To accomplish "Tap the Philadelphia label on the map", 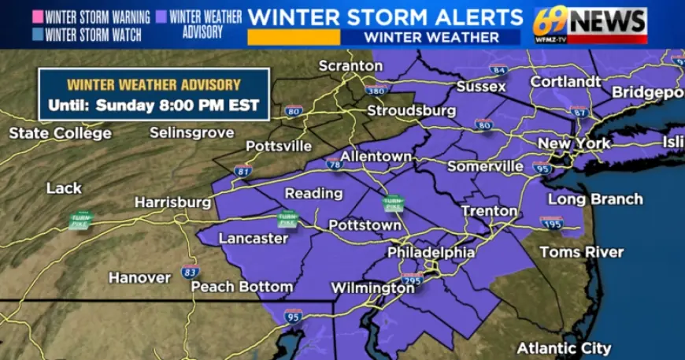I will point(431,253).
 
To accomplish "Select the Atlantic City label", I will point(564,348).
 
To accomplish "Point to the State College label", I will point(60,133).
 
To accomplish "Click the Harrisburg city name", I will point(172,202).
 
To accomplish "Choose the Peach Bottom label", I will point(242,287).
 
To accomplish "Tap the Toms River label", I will point(581,252).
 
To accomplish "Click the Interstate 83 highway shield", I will point(190,272).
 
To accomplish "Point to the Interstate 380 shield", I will point(376,91).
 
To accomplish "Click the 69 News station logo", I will point(590,25).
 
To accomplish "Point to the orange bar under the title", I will point(293,37).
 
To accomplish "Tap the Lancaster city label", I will point(253,238).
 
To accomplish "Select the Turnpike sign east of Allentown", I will point(392,203).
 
